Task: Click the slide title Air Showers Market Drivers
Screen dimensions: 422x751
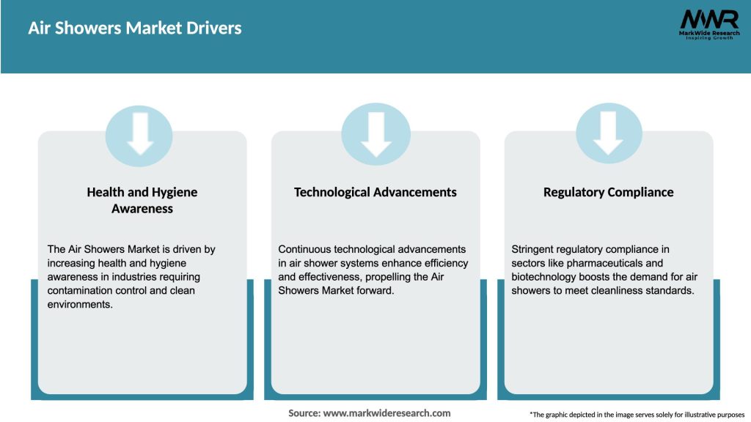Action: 135,29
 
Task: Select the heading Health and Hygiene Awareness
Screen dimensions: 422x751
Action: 142,200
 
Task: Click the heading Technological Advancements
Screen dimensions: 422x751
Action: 375,192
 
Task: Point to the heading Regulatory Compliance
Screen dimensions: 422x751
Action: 608,192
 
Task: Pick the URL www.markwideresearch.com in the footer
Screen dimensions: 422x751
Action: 387,413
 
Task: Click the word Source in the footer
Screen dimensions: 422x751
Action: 304,413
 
